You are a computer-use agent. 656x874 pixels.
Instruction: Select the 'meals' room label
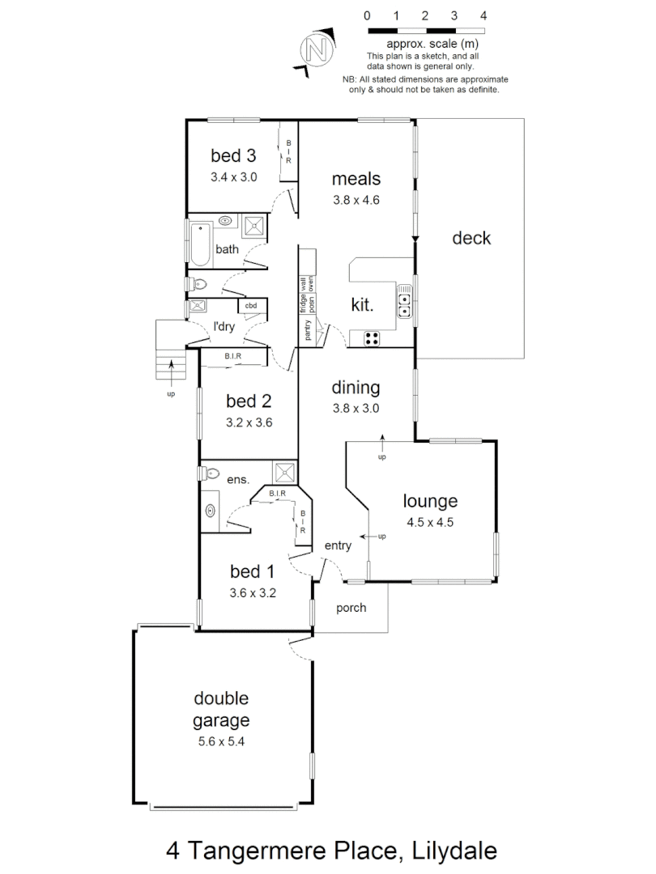coord(356,179)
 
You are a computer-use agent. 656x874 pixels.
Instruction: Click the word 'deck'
coord(471,238)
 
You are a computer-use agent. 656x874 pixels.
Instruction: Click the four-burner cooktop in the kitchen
coord(373,339)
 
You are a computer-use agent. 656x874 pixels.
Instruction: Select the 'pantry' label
coord(308,330)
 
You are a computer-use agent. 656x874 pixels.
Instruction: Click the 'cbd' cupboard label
coord(251,306)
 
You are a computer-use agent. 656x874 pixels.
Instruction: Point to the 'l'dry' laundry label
coord(224,327)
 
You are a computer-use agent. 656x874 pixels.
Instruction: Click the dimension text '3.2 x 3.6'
coord(249,421)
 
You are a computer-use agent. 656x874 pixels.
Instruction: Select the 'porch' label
coord(351,608)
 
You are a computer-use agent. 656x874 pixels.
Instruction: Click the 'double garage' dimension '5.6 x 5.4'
coord(221,741)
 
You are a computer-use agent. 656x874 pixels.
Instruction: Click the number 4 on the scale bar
coord(483,15)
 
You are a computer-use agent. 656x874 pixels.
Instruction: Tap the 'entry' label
coord(338,545)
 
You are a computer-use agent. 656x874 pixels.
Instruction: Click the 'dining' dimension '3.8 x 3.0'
coord(356,409)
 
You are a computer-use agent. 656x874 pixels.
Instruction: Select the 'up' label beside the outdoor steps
coord(171,394)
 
